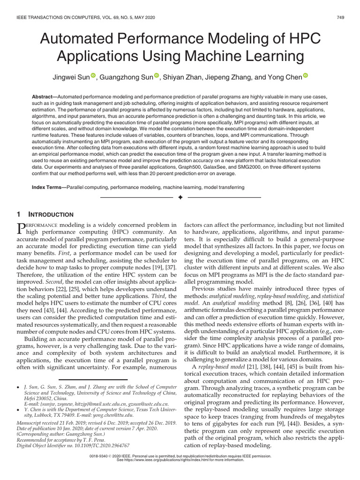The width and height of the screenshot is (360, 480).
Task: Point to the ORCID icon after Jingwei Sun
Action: (106, 75)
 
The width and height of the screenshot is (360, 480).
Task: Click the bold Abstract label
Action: (44, 97)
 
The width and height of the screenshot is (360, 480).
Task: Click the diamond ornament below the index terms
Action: (180, 199)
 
